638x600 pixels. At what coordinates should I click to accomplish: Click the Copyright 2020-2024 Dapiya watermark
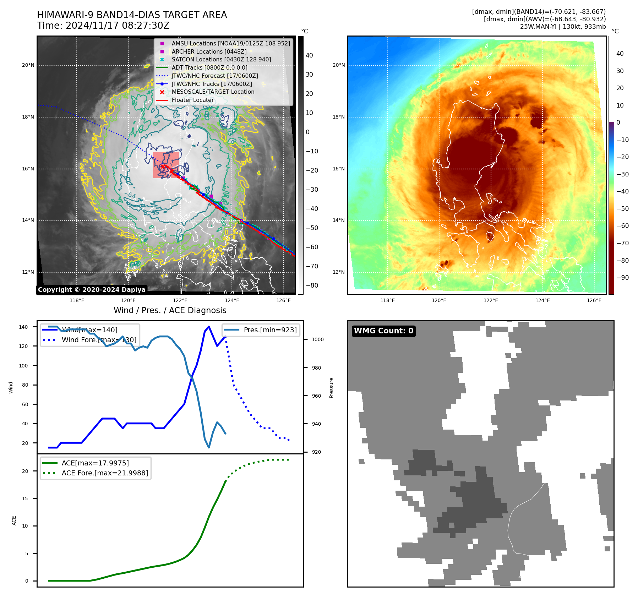pos(92,290)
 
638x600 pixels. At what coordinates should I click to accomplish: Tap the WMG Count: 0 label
pos(383,331)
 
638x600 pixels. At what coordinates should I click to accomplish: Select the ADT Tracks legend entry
pos(209,67)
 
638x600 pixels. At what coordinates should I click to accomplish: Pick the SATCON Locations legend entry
pos(221,59)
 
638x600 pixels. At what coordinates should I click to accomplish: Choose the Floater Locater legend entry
pos(193,100)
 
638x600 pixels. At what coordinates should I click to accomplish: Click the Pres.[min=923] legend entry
pos(270,330)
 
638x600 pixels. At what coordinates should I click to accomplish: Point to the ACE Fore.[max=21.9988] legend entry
pos(105,473)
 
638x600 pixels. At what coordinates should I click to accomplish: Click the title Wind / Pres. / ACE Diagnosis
pos(170,310)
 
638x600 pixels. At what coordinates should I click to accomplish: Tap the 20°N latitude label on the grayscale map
pos(28,65)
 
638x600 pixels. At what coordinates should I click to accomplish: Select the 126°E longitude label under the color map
pos(594,300)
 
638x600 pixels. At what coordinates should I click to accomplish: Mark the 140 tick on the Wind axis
pos(23,327)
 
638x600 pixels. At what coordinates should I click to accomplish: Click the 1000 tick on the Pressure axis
pos(317,339)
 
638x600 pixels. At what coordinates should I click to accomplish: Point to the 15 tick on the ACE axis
pos(25,498)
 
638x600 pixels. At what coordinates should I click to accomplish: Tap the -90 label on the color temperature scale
pos(622,278)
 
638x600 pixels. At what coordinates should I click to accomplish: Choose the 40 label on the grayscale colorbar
pos(309,55)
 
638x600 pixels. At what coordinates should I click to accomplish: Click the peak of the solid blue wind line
pos(209,327)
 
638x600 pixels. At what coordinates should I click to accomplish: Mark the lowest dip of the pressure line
pos(209,447)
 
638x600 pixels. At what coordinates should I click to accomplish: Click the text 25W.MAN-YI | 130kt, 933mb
pos(563,27)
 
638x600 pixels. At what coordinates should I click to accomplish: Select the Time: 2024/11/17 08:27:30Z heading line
pos(103,26)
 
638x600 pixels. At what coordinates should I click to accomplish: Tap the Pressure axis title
pos(331,388)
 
